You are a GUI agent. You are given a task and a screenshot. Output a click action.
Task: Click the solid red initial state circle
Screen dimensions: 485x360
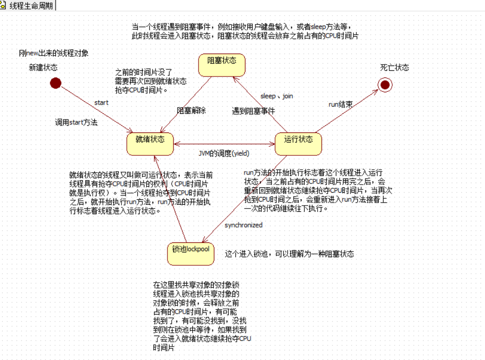click(56, 83)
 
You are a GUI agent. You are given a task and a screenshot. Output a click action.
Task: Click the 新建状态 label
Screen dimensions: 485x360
click(43, 68)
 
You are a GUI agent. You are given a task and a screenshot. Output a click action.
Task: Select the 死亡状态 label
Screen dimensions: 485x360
click(395, 67)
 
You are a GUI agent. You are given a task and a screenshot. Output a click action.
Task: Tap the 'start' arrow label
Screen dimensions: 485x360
click(101, 102)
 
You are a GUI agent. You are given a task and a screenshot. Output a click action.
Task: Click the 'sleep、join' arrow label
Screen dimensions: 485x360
click(276, 96)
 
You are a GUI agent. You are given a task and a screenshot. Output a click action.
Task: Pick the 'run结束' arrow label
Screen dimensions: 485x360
click(341, 104)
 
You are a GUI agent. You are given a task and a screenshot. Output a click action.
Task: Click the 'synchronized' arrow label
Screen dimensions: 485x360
click(243, 225)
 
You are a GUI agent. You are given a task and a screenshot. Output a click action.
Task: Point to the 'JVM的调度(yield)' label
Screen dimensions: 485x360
click(224, 153)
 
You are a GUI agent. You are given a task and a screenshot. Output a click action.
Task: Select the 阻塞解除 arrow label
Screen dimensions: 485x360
click(191, 110)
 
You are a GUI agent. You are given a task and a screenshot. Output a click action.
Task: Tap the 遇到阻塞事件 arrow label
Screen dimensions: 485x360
click(254, 110)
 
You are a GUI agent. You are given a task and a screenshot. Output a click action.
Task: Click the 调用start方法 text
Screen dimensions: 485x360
click(77, 122)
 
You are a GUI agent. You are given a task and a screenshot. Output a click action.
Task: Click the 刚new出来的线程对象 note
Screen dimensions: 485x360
click(54, 53)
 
